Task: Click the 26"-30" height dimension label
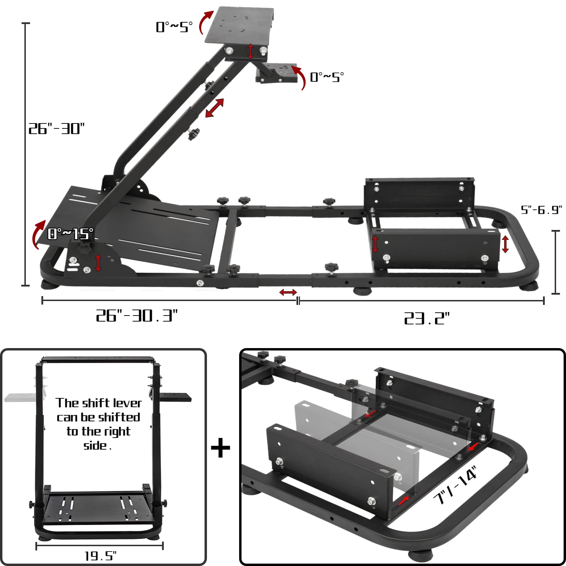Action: [x=57, y=129]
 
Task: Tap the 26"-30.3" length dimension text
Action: [x=137, y=315]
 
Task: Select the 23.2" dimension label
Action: [x=427, y=318]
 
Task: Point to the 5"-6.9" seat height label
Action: [x=541, y=210]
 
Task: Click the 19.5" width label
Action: [x=100, y=556]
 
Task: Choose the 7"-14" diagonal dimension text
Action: [x=456, y=485]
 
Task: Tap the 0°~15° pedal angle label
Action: [x=71, y=233]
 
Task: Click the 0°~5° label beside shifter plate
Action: [x=327, y=77]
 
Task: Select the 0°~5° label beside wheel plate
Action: [x=174, y=27]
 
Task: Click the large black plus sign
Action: [x=220, y=447]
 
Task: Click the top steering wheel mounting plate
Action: [x=240, y=25]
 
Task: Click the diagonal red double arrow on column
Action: [x=214, y=108]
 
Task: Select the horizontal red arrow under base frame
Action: [x=288, y=292]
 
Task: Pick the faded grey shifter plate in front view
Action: [x=21, y=397]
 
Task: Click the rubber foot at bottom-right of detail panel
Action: [x=421, y=555]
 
